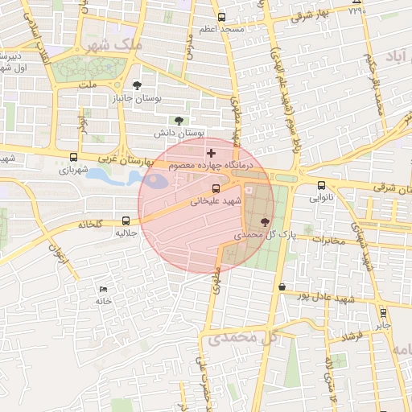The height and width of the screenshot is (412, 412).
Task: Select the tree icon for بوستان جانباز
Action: [138, 84]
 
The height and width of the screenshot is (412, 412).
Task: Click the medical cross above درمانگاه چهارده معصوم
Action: [211, 152]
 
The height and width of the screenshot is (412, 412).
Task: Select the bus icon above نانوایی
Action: [321, 184]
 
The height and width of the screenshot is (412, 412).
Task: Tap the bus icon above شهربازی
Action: [74, 158]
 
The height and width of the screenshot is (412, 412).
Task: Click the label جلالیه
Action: [128, 233]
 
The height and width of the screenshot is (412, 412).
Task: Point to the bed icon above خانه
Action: [102, 289]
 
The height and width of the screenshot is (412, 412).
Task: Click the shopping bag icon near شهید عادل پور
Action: [281, 286]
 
